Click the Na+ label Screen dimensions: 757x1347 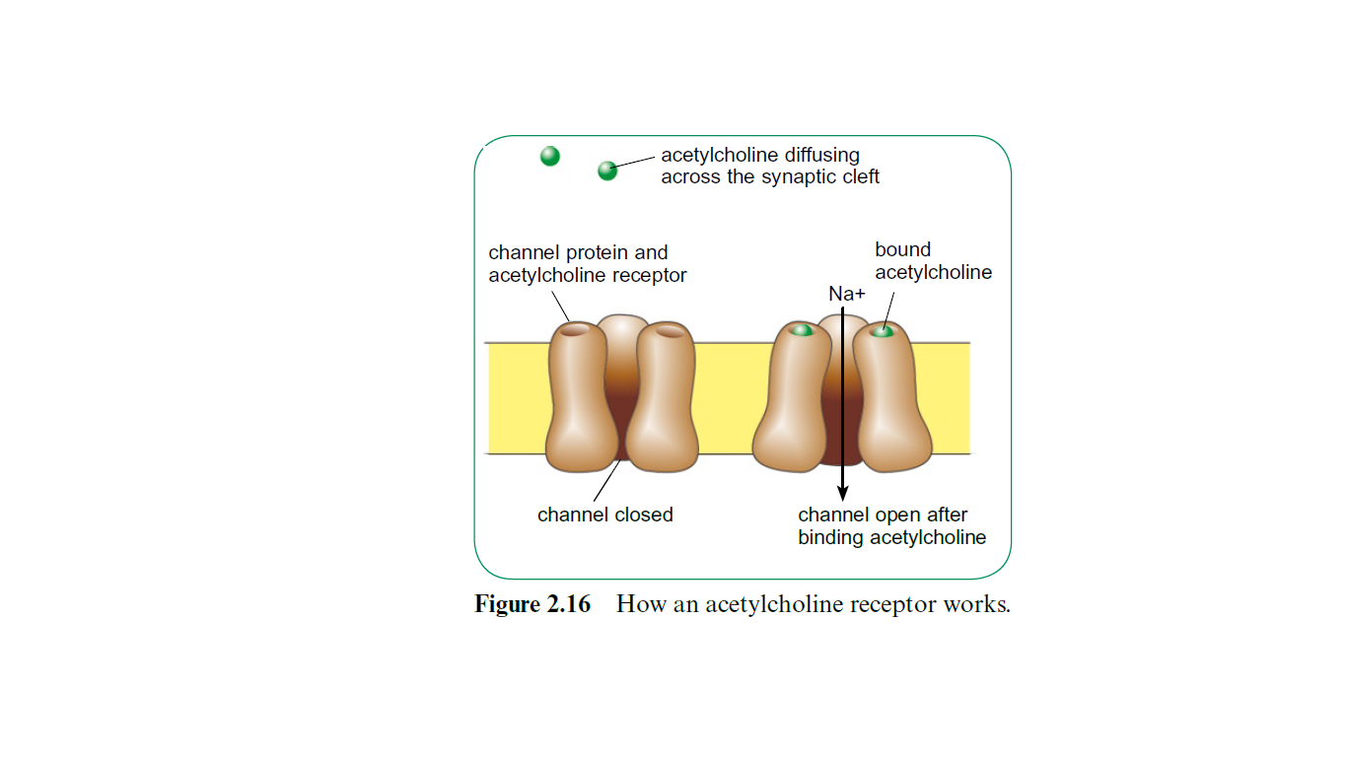[x=846, y=293]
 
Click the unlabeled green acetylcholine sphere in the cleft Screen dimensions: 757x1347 [x=550, y=156]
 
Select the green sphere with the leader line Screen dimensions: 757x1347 [x=607, y=172]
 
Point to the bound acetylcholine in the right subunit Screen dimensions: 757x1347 [x=883, y=332]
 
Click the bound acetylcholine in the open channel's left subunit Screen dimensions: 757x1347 [x=803, y=330]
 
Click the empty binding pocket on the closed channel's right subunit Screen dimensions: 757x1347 [x=670, y=332]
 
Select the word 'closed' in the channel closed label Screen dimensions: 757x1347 [x=642, y=515]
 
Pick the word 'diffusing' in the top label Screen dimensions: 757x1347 [x=822, y=156]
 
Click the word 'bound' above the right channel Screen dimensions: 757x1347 [x=902, y=250]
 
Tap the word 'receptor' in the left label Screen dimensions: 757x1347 [x=649, y=276]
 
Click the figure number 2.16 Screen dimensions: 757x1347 [x=568, y=604]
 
